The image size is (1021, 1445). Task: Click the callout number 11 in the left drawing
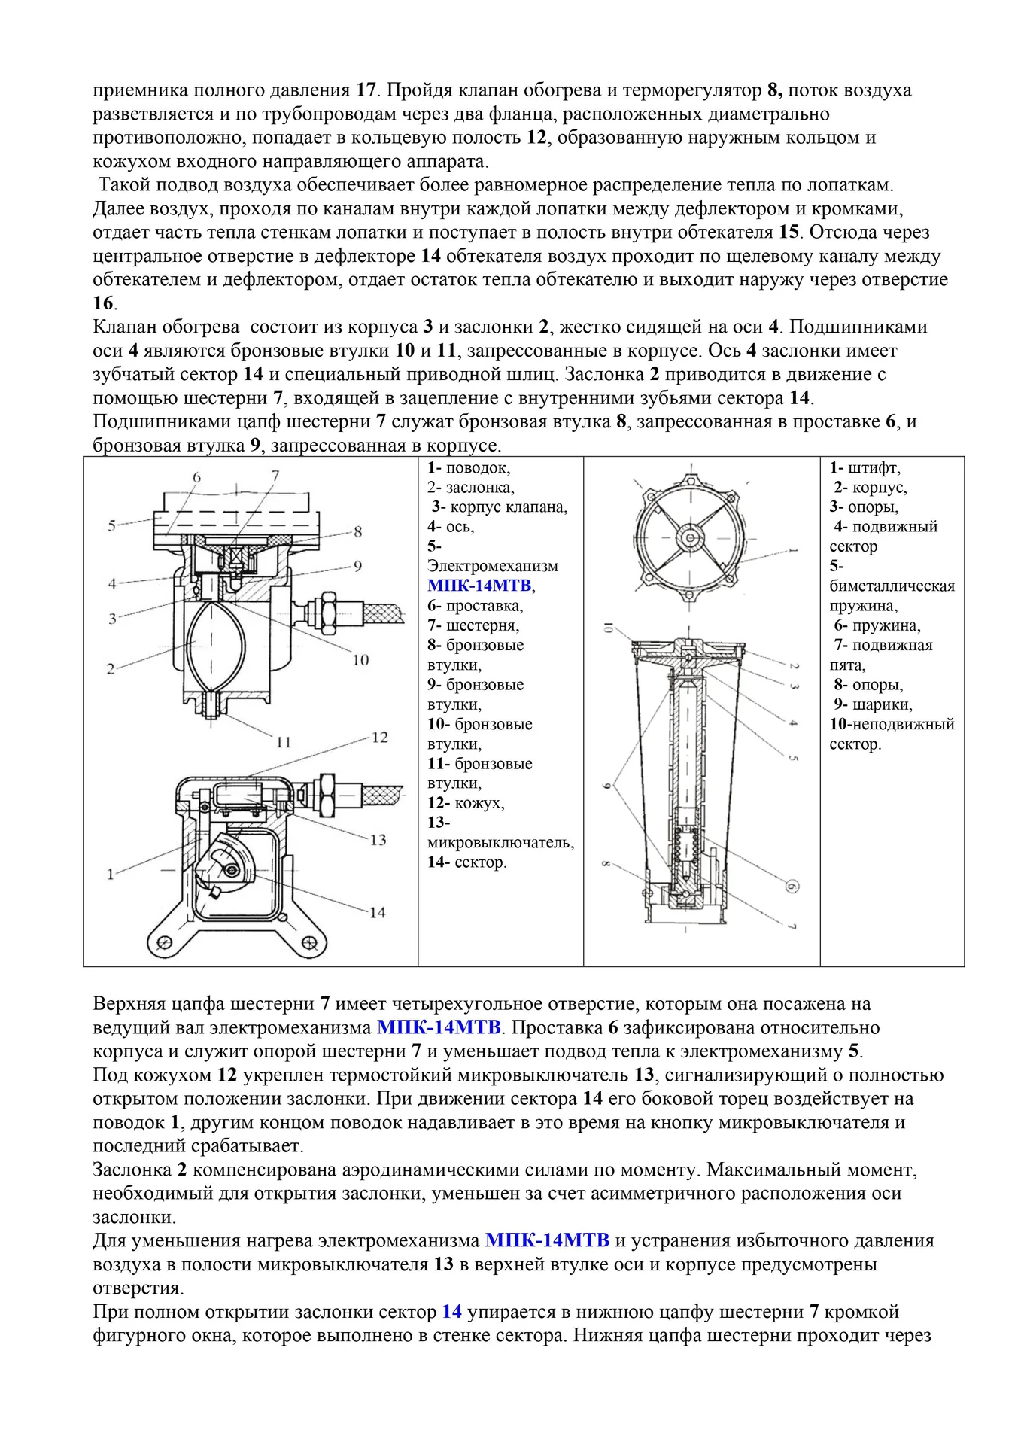(283, 742)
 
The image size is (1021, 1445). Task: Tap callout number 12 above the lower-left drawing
(379, 737)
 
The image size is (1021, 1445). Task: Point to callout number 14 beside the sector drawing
(377, 912)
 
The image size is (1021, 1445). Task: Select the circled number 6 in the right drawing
(791, 887)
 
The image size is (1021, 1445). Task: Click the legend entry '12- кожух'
(466, 803)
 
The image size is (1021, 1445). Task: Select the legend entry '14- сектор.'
(466, 862)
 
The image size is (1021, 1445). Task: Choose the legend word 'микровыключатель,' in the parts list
(500, 843)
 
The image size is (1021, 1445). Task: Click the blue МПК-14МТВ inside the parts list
(479, 586)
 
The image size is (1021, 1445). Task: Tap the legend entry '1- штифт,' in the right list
(865, 467)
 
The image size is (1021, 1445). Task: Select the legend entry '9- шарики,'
(873, 704)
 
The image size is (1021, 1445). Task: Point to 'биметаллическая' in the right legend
(892, 586)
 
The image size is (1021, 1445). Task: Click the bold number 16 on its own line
(103, 303)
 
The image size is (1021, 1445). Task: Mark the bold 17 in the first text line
(365, 90)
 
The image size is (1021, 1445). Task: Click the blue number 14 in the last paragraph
(451, 1312)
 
